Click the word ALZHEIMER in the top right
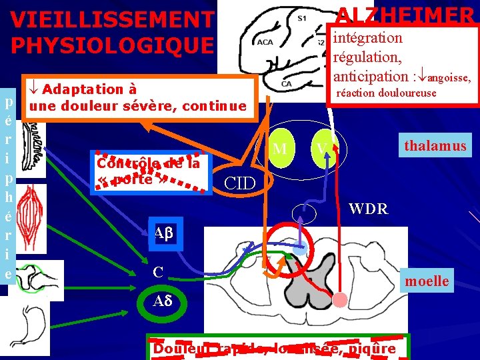point(405,15)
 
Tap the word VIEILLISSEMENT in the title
point(113,20)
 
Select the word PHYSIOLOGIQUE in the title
point(113,45)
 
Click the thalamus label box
point(435,145)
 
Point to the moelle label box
point(427,281)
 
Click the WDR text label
point(368,209)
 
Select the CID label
point(239,181)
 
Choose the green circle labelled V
point(322,147)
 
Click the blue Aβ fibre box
point(163,233)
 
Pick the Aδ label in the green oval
point(163,301)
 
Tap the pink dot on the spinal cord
point(340,300)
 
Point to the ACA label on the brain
point(265,42)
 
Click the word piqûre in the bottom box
point(371,349)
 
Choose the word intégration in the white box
point(368,38)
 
